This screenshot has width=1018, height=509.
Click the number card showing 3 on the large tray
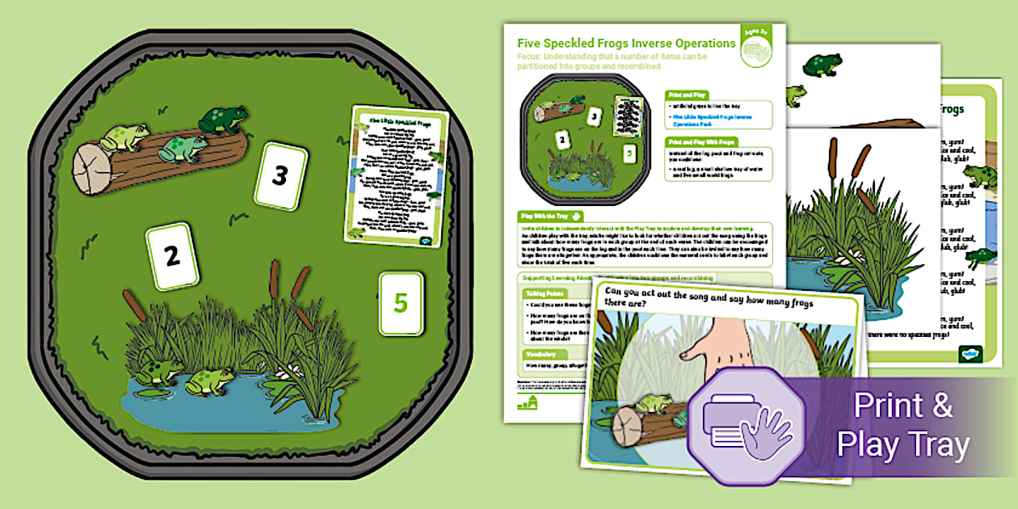click(280, 175)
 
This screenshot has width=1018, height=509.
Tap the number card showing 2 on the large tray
click(171, 257)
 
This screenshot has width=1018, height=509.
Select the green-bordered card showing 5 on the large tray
click(400, 303)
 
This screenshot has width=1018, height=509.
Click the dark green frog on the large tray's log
click(223, 121)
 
